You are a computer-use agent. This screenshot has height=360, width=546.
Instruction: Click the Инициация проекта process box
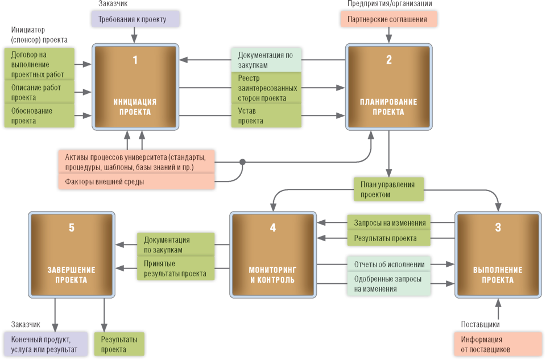point(135,87)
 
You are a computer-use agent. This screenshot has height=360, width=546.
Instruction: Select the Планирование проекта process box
point(388,87)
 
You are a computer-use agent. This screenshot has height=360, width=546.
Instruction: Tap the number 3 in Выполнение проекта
point(498,228)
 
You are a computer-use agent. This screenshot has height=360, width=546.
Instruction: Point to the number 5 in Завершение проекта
point(71,228)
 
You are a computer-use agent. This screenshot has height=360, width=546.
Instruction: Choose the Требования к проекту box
point(135,19)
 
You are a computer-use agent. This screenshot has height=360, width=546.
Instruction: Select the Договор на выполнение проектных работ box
point(39,64)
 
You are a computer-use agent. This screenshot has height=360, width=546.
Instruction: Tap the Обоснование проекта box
point(39,116)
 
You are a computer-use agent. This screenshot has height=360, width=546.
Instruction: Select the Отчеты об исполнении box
point(388,264)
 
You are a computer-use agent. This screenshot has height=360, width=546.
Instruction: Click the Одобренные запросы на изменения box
point(388,284)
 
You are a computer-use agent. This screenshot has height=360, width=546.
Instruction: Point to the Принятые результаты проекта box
point(175,268)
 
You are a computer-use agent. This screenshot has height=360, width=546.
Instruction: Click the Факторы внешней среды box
point(136,181)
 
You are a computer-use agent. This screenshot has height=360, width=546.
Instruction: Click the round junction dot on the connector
point(243,162)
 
